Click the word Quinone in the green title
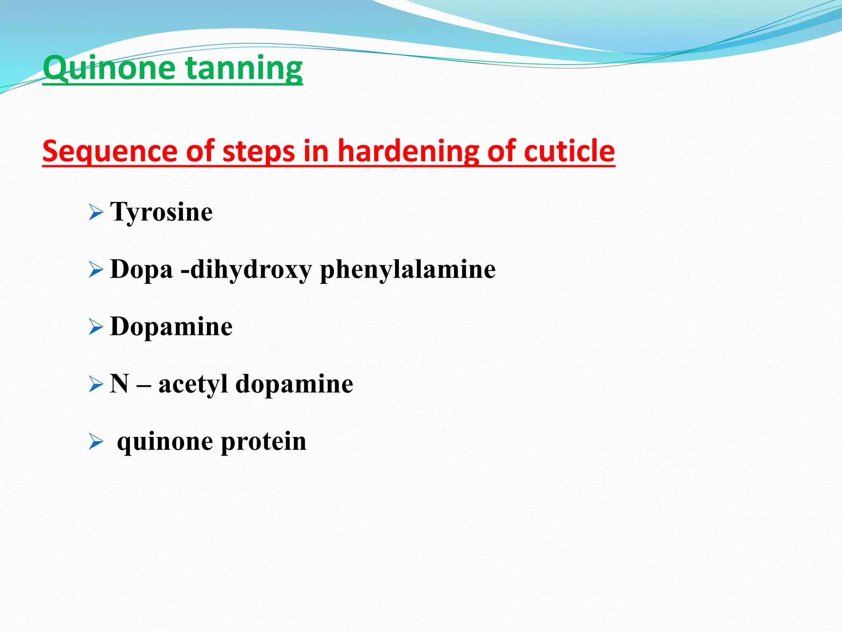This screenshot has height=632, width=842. (x=109, y=68)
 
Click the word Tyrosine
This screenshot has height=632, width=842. (x=161, y=213)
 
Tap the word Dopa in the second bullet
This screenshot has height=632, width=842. (x=141, y=270)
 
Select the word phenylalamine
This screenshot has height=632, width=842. (x=407, y=270)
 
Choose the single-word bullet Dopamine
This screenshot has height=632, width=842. (x=171, y=327)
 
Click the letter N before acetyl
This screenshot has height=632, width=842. (x=119, y=384)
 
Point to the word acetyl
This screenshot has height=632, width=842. (x=193, y=385)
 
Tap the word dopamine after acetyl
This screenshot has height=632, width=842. (x=294, y=384)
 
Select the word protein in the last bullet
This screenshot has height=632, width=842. (x=264, y=442)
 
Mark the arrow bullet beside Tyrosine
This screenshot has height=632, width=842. (x=96, y=214)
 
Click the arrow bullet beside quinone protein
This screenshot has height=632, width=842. (x=96, y=443)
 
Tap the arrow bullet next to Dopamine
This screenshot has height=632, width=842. (x=96, y=328)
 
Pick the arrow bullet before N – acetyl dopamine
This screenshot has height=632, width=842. (x=96, y=385)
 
